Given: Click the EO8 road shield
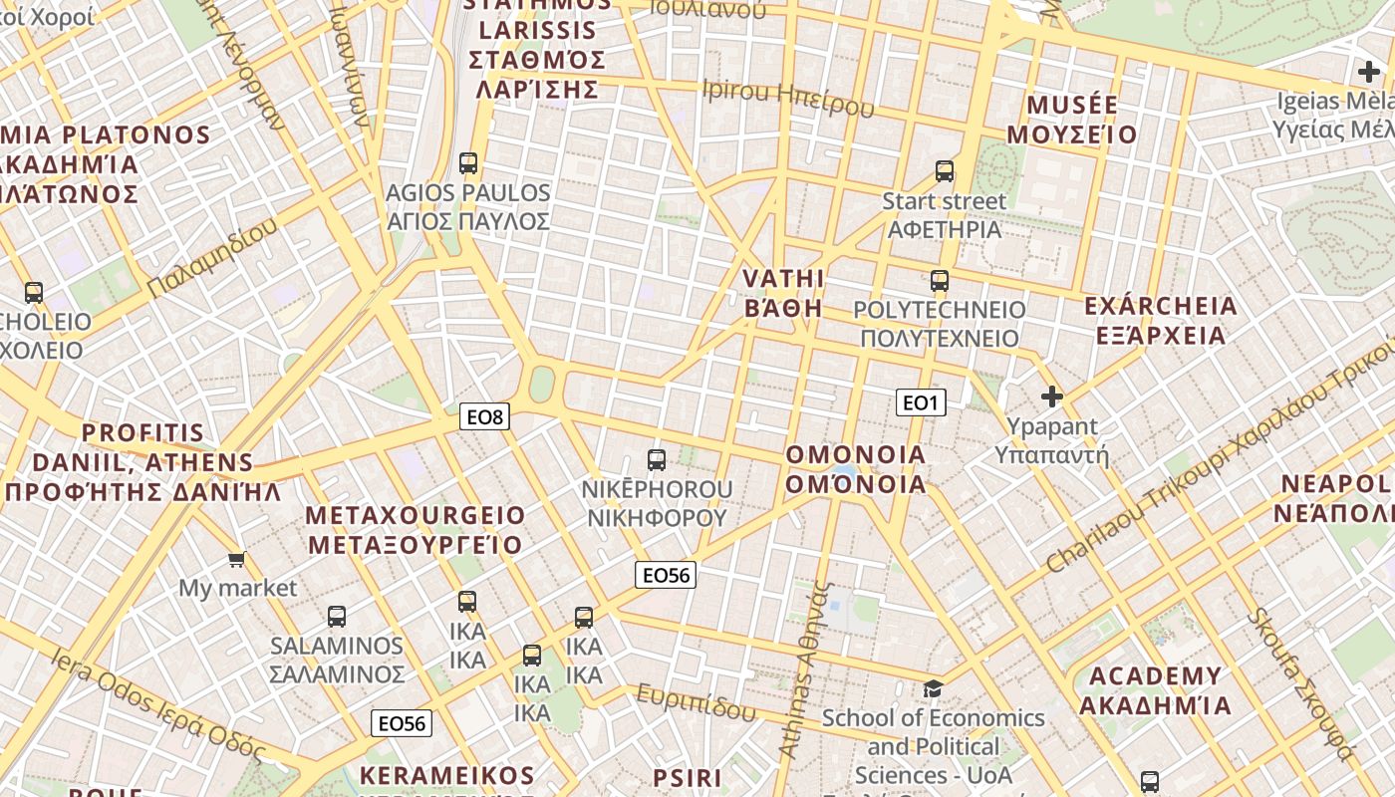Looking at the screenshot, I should coord(484,416).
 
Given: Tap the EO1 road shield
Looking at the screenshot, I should coord(920,402).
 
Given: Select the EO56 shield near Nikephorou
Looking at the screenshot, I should coord(666,574).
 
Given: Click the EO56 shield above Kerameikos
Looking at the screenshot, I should coord(402,723).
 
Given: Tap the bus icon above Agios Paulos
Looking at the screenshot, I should coord(468,162).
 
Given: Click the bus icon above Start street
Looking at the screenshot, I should coord(945,171).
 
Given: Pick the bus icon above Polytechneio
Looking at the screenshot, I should coord(940,280).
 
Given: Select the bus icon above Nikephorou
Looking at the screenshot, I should coord(657,459).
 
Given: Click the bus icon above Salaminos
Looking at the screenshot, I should coord(337,616).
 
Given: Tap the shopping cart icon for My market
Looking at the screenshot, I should coord(237,559).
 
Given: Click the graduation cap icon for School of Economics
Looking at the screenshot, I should coord(933,688).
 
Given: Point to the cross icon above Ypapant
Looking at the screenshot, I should coord(1051,397).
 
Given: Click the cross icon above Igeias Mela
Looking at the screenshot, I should coord(1369,72).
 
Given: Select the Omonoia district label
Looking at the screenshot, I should coord(856,469).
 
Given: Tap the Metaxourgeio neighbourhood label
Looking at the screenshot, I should coord(416,530).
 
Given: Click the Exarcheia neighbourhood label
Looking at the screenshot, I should coord(1160,320).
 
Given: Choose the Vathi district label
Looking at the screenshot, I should coord(784,292).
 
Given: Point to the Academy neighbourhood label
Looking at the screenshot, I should coord(1155,690).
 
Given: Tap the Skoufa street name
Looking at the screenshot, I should coord(1300,683).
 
